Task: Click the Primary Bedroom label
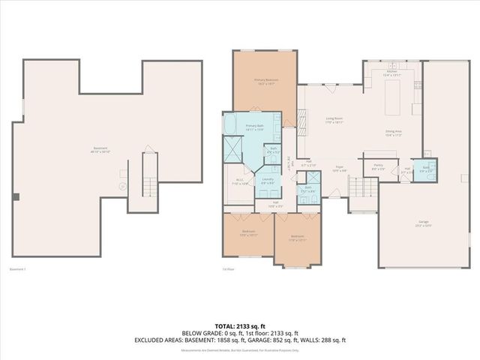[x=266, y=81]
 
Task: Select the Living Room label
[x=334, y=119]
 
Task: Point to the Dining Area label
[x=394, y=134]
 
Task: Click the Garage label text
[x=424, y=223]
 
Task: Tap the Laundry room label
[x=267, y=181]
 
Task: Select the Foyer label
[x=339, y=169]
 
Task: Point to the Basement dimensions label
[x=100, y=150]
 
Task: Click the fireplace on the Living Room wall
[x=301, y=119]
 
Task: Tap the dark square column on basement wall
[x=16, y=197]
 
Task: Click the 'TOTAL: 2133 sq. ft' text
[x=239, y=326]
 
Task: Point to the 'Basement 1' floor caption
[x=17, y=269]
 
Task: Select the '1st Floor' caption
[x=228, y=269]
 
